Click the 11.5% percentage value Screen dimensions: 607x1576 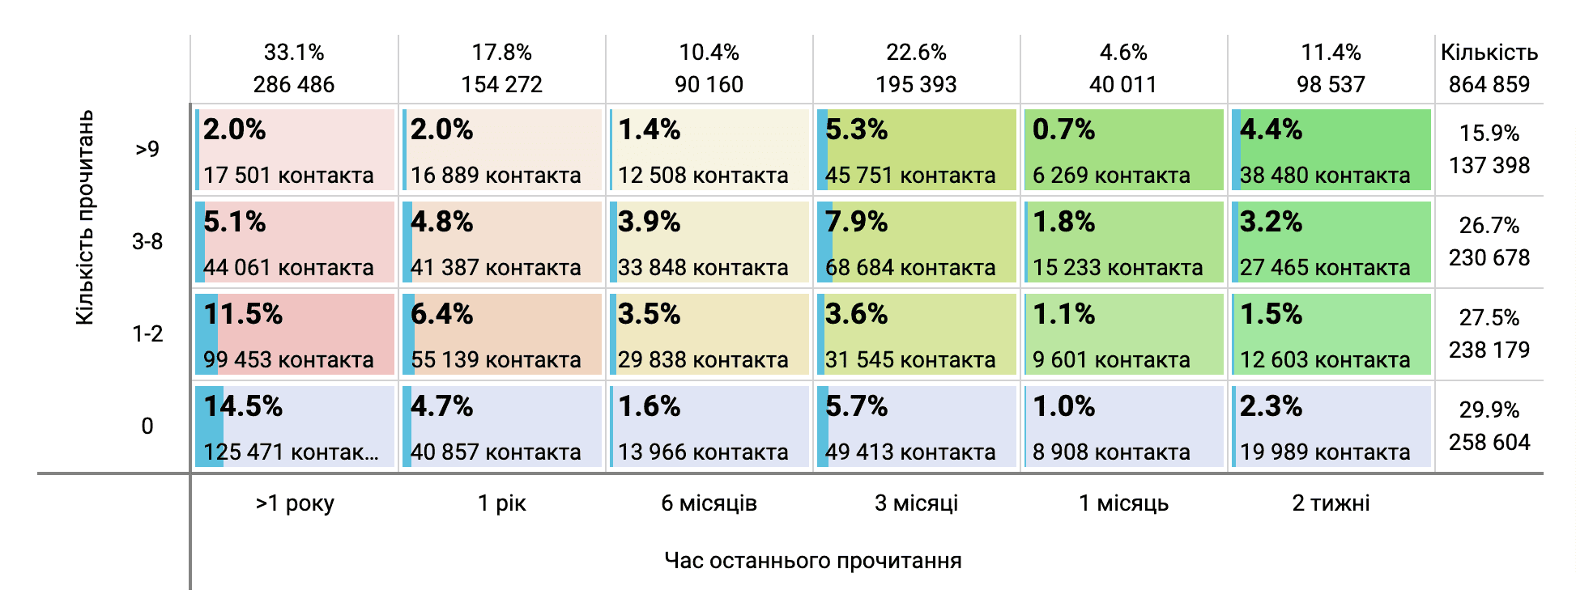pos(243,314)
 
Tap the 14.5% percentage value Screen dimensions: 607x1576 pos(243,406)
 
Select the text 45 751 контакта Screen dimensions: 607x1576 pos(910,176)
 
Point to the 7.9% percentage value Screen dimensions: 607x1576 pos(856,222)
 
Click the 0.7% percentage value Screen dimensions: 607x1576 pos(1063,129)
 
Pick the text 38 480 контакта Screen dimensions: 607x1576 pos(1325,176)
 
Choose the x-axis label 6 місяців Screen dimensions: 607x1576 pos(709,503)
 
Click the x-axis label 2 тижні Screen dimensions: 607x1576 pos(1331,503)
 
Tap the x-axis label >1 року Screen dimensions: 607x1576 pos(295,503)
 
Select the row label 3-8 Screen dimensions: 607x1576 pos(147,242)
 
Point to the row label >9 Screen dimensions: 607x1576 pos(147,150)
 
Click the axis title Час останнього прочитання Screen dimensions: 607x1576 pos(812,561)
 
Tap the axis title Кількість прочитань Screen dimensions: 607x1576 pos(85,219)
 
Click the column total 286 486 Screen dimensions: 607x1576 pos(294,84)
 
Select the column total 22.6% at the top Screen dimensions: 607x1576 pos(916,53)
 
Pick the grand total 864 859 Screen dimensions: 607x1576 pos(1489,84)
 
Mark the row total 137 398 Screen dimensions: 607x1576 pos(1489,166)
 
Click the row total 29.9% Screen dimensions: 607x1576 pos(1489,410)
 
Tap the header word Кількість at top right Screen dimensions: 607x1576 pos(1489,53)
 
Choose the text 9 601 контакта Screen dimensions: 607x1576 pos(1111,360)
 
